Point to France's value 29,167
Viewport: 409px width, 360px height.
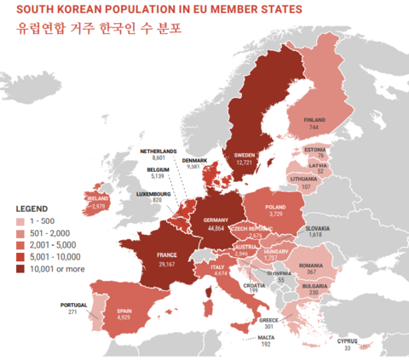point(166,265)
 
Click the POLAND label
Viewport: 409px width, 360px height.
point(276,207)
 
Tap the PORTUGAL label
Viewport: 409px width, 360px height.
point(74,305)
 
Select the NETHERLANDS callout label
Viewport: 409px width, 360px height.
point(158,151)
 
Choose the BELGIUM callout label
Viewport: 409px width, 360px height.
point(158,169)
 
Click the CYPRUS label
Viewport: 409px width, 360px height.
point(347,340)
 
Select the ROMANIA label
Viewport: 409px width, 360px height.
point(313,265)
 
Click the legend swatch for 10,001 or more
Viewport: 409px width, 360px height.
point(21,270)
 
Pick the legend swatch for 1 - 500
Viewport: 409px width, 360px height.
point(21,221)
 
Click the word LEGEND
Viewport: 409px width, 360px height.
point(32,208)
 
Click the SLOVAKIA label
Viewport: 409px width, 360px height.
point(319,228)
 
